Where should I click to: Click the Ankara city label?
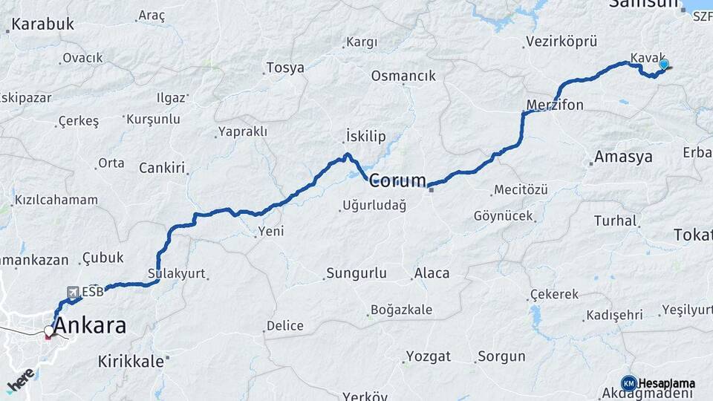tap(89, 325)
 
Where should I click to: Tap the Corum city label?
tap(398, 180)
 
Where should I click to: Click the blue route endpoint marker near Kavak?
tap(663, 65)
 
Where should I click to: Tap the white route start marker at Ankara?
tap(49, 330)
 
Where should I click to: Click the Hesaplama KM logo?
tap(629, 383)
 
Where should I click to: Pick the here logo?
tap(20, 380)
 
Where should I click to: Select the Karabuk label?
tap(43, 24)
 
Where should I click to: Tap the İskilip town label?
tap(366, 136)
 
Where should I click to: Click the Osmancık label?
tap(403, 76)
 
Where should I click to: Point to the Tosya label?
tap(285, 68)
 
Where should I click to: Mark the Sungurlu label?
tap(357, 273)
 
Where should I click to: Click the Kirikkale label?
tap(131, 362)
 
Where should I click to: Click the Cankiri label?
tap(161, 168)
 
